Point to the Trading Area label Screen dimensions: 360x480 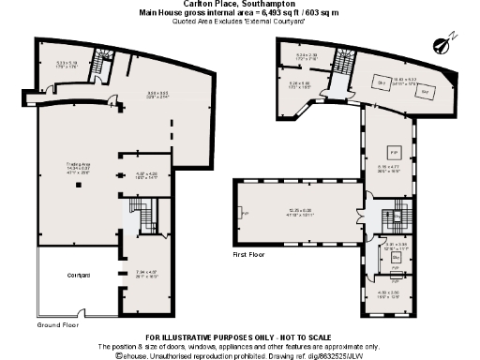click(x=77, y=169)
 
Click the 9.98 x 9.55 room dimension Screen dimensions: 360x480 click(x=156, y=95)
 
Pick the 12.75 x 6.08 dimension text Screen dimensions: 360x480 click(x=300, y=211)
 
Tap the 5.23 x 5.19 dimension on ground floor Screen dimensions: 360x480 click(x=61, y=65)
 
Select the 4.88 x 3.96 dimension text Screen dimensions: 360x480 click(x=388, y=294)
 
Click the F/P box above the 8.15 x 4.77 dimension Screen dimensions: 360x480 click(x=394, y=152)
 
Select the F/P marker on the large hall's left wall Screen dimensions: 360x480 click(x=245, y=214)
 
